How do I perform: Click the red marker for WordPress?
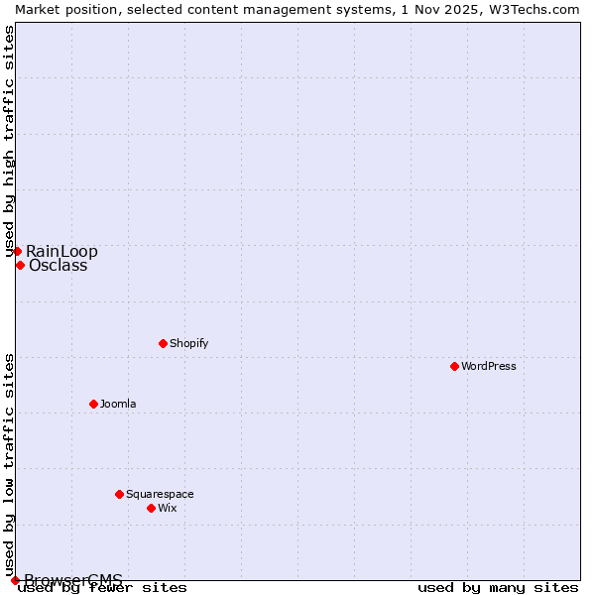[454, 366]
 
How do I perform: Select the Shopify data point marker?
[163, 343]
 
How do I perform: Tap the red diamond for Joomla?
[93, 404]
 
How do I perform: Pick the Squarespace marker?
[119, 494]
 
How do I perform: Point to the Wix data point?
[151, 508]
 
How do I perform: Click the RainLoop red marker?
[17, 251]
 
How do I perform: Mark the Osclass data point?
[20, 265]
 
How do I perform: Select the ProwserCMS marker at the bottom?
[15, 580]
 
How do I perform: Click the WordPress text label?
[489, 366]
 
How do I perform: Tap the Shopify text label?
[188, 343]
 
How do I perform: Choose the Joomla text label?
[118, 404]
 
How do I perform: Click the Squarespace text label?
[160, 494]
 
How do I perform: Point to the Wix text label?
[167, 508]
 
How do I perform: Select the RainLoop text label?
[61, 251]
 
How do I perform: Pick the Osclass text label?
[58, 265]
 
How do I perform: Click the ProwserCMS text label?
[73, 580]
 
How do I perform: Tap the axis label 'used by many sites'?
[498, 588]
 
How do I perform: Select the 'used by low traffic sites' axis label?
[9, 465]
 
